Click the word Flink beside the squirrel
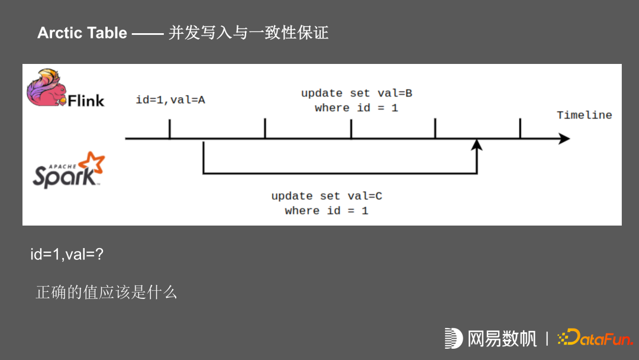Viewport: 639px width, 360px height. click(86, 101)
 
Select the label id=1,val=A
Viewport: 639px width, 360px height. click(170, 100)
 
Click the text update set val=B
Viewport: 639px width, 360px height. click(356, 94)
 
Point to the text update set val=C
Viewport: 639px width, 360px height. click(327, 196)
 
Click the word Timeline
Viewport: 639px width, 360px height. click(584, 115)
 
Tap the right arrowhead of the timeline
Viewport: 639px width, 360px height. click(564, 139)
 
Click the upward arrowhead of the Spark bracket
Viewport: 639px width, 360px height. click(477, 145)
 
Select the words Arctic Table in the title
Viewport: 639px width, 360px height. click(82, 33)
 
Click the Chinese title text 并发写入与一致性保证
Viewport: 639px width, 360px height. click(248, 33)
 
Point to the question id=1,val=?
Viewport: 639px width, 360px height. click(67, 255)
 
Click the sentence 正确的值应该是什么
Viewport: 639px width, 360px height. click(106, 292)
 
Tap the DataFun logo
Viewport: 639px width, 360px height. click(594, 338)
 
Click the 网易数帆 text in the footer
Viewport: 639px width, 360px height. click(502, 339)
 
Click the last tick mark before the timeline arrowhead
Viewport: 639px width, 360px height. click(520, 128)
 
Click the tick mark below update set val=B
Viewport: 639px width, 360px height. click(351, 128)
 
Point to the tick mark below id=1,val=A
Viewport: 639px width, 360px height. click(170, 128)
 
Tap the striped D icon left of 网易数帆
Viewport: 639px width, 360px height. click(453, 338)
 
